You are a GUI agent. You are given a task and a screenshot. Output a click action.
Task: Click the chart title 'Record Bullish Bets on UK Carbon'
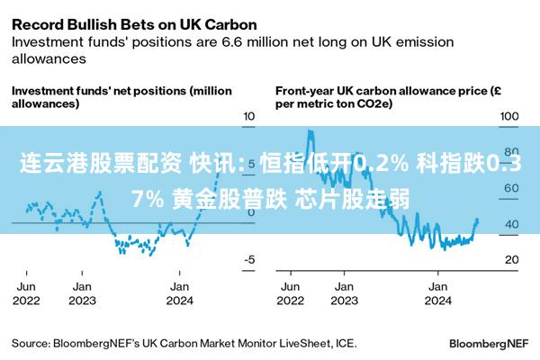click(x=134, y=25)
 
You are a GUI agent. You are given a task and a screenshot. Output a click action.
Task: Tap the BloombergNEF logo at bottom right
click(x=489, y=344)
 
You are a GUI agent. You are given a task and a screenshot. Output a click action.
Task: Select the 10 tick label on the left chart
click(x=249, y=116)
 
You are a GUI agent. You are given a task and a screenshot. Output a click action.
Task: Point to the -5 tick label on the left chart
click(x=249, y=259)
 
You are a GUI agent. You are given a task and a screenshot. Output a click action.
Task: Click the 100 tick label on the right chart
click(x=509, y=116)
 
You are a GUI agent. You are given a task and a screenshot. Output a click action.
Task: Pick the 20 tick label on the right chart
click(x=512, y=259)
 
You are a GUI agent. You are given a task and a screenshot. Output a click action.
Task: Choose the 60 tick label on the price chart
click(x=511, y=188)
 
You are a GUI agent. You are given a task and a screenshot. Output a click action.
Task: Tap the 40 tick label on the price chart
click(x=512, y=224)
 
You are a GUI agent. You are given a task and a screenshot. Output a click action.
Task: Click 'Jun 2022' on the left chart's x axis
click(x=26, y=293)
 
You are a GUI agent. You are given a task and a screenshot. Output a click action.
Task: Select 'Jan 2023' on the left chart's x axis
click(x=82, y=293)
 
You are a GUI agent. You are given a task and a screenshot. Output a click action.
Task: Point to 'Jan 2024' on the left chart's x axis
click(x=179, y=293)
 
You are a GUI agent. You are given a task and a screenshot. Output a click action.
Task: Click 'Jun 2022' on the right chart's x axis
click(x=291, y=293)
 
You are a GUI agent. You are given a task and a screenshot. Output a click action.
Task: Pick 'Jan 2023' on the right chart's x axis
click(x=344, y=293)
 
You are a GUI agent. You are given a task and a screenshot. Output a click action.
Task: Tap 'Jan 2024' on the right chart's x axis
click(x=437, y=293)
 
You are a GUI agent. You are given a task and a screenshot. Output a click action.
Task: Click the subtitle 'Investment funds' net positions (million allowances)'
click(x=121, y=97)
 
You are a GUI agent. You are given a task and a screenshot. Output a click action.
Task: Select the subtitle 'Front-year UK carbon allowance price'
click(x=382, y=91)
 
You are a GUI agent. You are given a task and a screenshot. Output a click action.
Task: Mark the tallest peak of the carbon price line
click(x=310, y=130)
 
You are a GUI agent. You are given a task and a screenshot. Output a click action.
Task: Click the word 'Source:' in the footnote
click(x=31, y=344)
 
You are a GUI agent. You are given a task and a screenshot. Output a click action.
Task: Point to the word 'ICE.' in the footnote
click(x=346, y=344)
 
